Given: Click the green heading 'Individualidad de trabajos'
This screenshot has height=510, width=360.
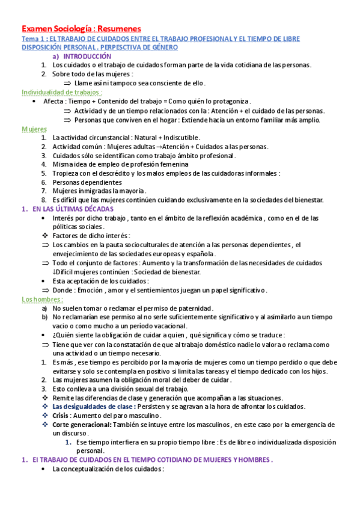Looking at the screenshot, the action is [61, 92].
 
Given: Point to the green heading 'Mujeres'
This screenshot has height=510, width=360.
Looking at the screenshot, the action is [34, 129].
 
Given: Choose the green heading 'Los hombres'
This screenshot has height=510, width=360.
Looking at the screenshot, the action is [42, 299].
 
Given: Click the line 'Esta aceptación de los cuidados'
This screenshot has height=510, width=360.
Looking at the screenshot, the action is [100, 281].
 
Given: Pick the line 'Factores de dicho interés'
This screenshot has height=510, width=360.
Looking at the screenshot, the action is [91, 236].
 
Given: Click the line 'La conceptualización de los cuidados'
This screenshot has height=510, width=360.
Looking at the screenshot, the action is [108, 469].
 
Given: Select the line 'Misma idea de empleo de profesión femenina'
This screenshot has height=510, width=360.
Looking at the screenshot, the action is [120, 164].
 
